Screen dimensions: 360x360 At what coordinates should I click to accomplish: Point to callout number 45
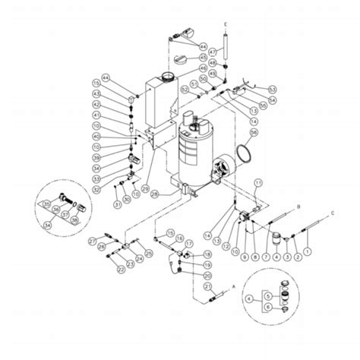click(204, 58)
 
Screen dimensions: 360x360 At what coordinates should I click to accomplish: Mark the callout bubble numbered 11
click(257, 183)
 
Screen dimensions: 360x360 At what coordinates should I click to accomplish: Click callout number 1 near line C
click(308, 251)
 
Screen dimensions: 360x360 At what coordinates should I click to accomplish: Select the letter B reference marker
click(299, 206)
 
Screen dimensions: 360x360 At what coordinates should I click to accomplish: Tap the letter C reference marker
click(333, 215)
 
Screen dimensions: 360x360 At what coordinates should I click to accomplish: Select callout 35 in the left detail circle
click(47, 203)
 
